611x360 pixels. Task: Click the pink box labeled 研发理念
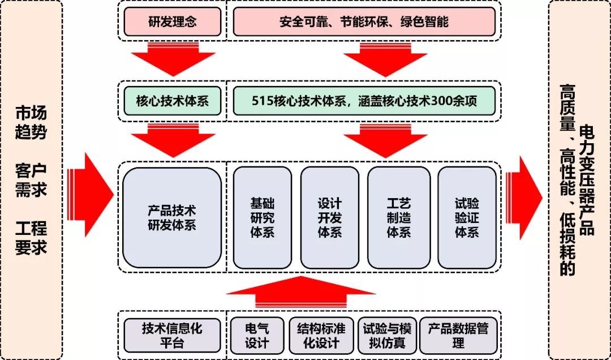tap(172, 22)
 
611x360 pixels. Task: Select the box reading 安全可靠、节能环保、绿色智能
tap(364, 22)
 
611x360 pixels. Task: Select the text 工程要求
tap(31, 238)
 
